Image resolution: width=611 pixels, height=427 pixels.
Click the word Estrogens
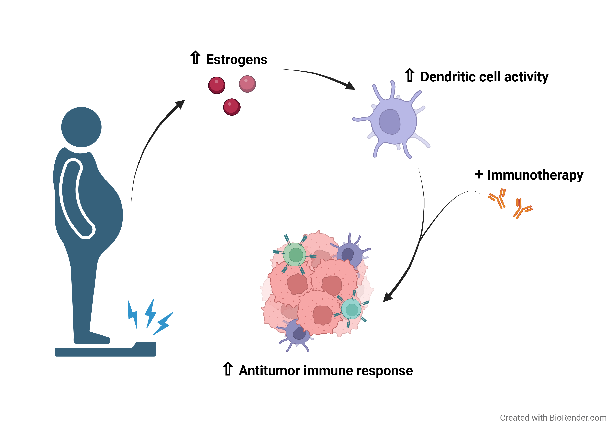pos(237,60)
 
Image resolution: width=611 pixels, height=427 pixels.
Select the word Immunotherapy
pos(535,175)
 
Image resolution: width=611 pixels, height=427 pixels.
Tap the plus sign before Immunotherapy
pos(479,174)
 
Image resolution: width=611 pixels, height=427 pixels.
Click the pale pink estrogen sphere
pos(247,84)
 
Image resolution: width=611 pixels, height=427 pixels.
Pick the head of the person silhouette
pos(81,127)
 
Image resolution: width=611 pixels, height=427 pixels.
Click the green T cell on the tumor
pos(295,255)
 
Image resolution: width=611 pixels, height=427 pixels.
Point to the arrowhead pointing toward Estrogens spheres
pos(180,104)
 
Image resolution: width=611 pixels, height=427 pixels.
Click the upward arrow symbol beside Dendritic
pos(410,75)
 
